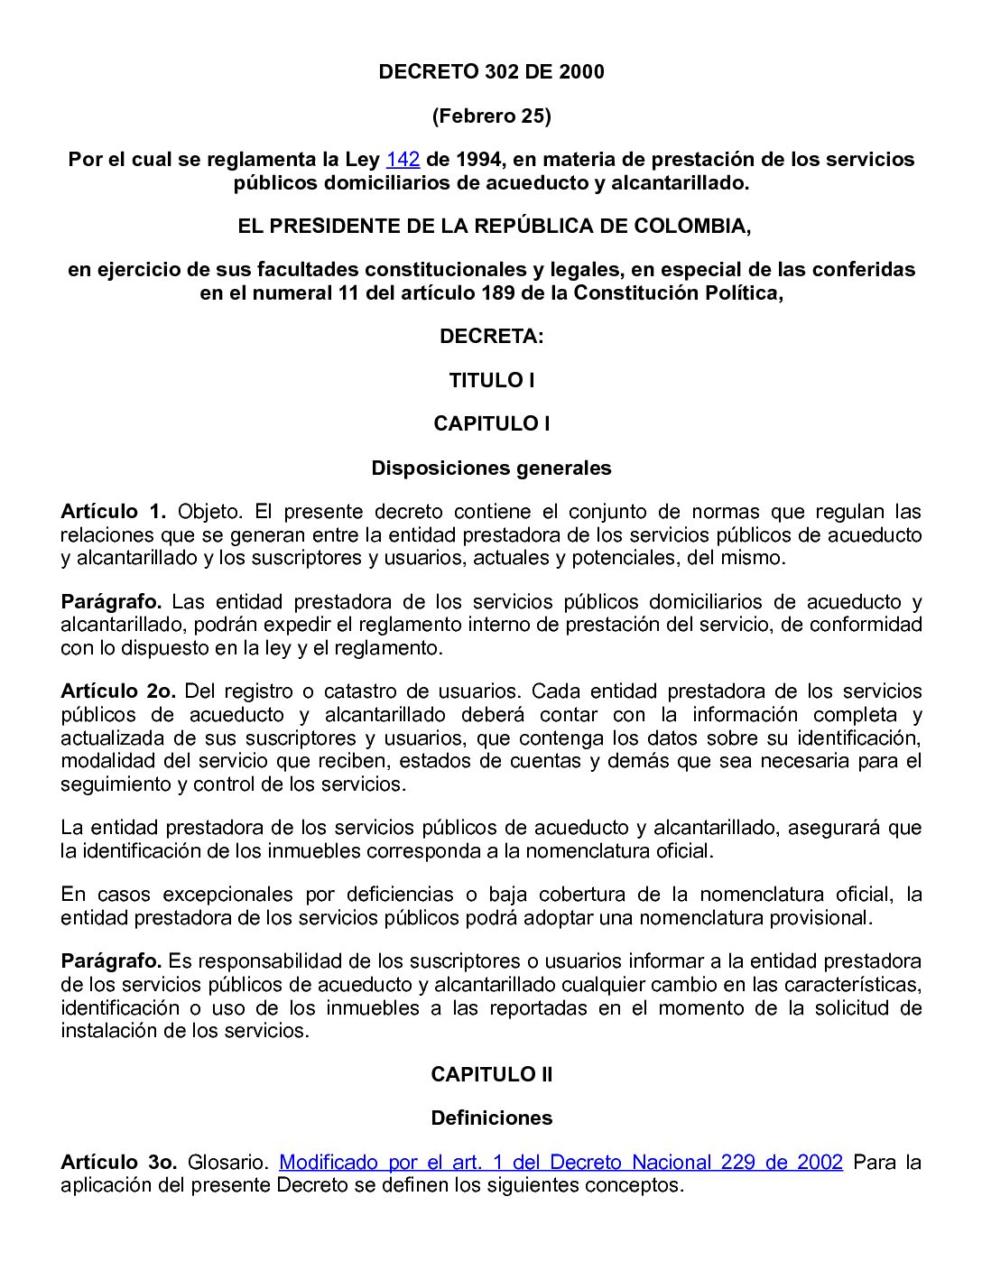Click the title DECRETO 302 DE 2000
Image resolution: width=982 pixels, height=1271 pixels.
coord(491,72)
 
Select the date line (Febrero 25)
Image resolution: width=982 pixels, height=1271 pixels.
coord(491,116)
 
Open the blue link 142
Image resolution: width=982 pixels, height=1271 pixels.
coord(403,160)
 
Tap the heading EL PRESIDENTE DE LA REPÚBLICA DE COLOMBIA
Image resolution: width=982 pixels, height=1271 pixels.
coord(494,226)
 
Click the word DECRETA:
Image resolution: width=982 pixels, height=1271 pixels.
coord(491,337)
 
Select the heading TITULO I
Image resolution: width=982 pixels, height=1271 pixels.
coord(491,380)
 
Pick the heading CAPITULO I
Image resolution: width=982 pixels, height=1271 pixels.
coord(491,423)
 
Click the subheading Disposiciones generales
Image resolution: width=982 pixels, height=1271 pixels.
coord(491,468)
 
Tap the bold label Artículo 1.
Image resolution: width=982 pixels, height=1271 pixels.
coord(113,512)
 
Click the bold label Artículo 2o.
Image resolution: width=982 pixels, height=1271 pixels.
coord(117,691)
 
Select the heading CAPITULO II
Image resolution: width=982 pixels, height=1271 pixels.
coord(491,1074)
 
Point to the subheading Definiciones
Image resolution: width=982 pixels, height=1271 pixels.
coord(491,1118)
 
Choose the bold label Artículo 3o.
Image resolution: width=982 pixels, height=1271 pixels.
coord(117,1162)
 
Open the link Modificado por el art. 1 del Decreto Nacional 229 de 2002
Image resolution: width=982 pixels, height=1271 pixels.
coord(560,1162)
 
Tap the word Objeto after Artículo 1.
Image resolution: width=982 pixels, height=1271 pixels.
coord(210,512)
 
